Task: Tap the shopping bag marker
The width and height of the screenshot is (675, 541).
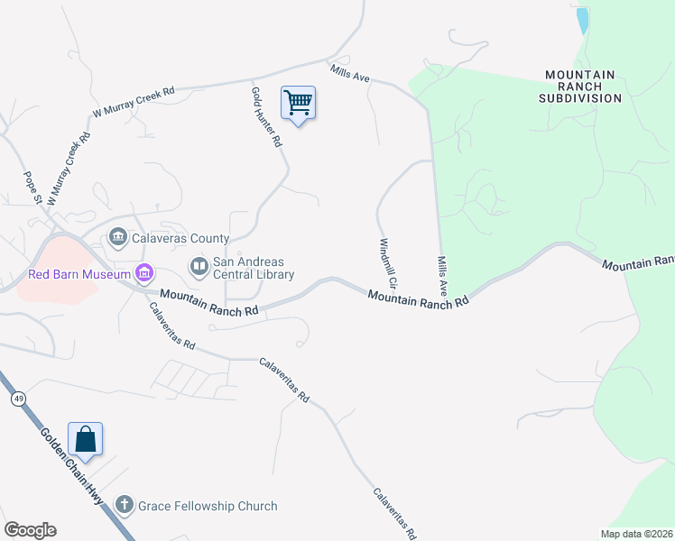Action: point(85,439)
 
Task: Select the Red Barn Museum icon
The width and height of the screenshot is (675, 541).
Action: point(143,272)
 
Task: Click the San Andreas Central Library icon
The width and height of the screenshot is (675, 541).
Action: point(198,267)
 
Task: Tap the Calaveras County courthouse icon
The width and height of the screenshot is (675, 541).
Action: point(118,238)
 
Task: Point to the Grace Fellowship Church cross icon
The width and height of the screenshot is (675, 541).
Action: point(125,506)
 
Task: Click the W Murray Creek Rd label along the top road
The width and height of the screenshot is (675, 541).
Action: point(134,102)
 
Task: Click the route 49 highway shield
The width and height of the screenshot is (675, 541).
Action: point(17,398)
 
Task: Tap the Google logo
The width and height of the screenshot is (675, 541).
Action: point(30,530)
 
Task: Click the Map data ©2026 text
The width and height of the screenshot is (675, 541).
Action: point(635,534)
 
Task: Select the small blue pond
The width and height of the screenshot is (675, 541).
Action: point(582,20)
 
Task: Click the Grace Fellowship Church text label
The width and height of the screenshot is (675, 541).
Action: point(208,506)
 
